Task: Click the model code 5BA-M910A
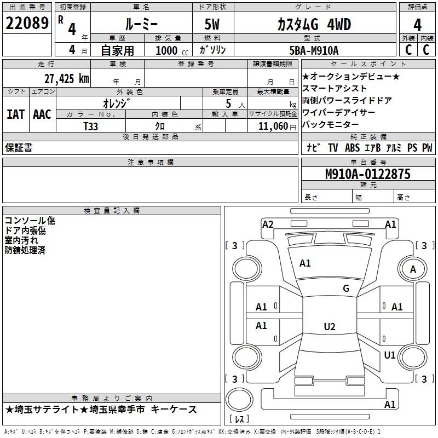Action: click(x=314, y=50)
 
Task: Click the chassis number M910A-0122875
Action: click(x=368, y=174)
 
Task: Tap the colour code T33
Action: click(x=91, y=126)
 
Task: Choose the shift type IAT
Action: click(x=15, y=114)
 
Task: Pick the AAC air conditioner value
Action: click(x=42, y=114)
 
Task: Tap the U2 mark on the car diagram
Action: click(x=329, y=327)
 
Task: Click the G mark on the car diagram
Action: click(x=345, y=289)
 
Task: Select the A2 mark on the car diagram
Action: click(x=268, y=224)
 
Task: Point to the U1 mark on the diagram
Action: click(x=389, y=355)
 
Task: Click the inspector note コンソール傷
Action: click(x=30, y=221)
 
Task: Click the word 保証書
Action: click(x=19, y=148)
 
